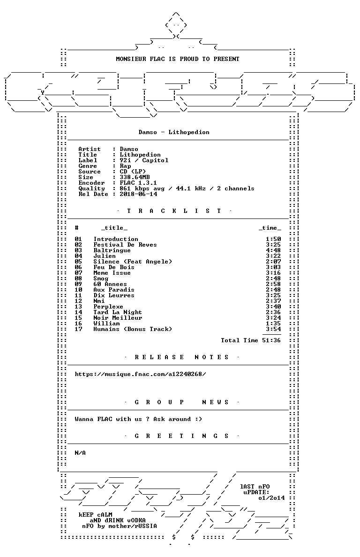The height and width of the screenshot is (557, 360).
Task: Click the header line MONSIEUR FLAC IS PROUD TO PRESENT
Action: click(178, 59)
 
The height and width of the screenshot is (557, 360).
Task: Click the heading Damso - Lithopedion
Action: click(174, 132)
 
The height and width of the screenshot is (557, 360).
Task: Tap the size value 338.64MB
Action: click(135, 177)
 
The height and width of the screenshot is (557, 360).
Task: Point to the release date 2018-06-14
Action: click(138, 194)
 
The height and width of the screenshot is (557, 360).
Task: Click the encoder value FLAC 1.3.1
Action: click(138, 183)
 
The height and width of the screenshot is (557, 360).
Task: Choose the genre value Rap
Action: click(125, 166)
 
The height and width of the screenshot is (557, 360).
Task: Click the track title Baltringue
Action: click(112, 250)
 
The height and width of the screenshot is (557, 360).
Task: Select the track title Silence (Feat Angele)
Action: click(133, 262)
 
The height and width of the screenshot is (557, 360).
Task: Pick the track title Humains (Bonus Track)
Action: click(133, 329)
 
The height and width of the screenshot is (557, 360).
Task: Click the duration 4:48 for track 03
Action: click(273, 250)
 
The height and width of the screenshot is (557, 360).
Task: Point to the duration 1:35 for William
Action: click(273, 324)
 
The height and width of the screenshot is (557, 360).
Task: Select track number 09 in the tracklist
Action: click(78, 284)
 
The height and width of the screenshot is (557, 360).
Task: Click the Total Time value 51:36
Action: click(271, 340)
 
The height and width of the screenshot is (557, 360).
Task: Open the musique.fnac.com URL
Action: click(140, 374)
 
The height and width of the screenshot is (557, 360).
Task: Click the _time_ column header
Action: click(270, 228)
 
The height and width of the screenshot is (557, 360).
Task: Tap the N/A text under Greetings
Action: click(80, 453)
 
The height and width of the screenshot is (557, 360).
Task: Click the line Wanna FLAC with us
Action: click(138, 419)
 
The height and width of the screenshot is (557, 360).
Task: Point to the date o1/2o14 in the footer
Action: click(271, 498)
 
